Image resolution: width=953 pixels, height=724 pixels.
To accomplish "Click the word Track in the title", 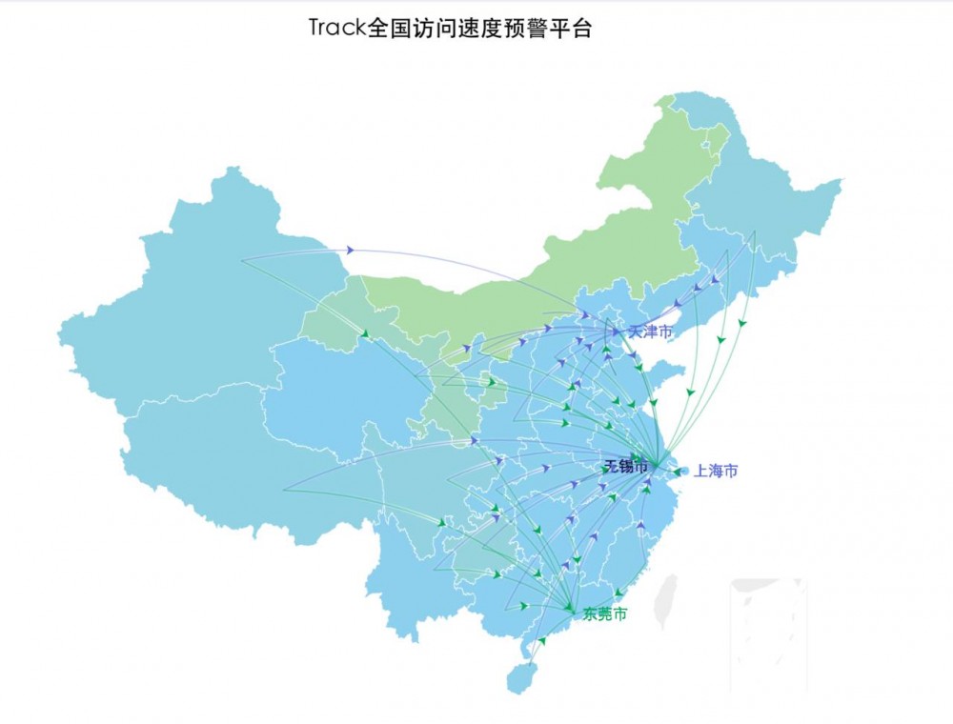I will (336, 28).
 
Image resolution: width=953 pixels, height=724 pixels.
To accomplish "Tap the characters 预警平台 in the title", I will (554, 28).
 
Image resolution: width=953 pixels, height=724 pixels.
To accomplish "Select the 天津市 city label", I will (650, 332).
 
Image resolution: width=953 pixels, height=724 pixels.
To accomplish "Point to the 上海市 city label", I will (715, 471).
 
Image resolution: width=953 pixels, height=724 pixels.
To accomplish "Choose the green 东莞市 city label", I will (605, 614).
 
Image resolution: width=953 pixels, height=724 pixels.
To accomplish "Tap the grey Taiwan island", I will (670, 595).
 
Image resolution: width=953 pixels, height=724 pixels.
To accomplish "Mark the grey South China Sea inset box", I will (768, 633).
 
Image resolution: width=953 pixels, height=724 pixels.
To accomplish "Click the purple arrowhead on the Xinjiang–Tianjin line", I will (351, 250).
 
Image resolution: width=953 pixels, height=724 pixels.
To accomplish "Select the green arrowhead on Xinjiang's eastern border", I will (365, 332).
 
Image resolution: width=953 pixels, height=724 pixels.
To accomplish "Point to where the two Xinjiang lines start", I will (242, 260).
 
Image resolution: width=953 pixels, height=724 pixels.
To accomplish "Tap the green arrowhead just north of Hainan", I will (541, 641).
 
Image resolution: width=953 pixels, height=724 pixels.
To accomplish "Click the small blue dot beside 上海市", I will (677, 471).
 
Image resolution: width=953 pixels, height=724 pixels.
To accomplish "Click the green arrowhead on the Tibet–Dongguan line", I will (441, 522).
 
